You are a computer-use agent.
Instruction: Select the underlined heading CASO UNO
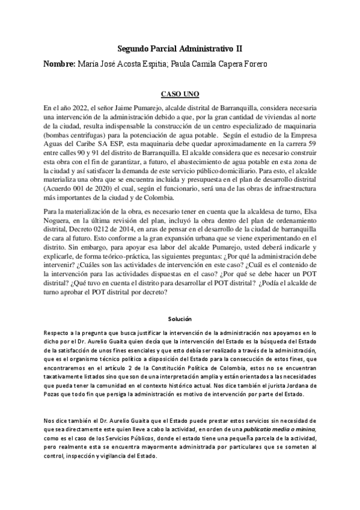click(x=180, y=94)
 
